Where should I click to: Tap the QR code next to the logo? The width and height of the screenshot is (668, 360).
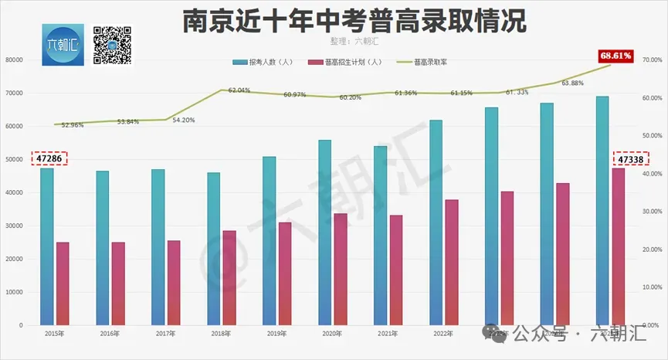point(112,45)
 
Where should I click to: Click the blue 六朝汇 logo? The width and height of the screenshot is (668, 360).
point(63,45)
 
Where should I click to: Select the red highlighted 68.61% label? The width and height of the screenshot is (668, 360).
point(615,56)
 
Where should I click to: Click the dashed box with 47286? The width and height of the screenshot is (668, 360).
point(49,158)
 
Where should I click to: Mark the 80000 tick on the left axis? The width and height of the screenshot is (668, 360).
point(14,59)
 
